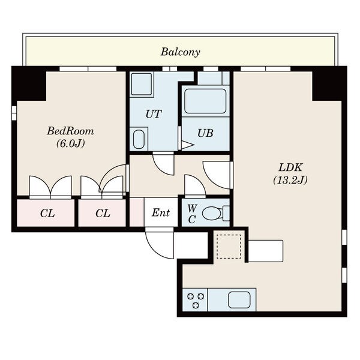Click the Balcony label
click(180, 52)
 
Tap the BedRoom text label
click(70, 131)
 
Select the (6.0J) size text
click(71, 144)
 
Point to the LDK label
click(290, 167)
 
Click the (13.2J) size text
click(290, 180)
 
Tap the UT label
click(154, 114)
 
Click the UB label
click(205, 133)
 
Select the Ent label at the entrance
click(161, 212)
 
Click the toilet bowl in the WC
click(212, 214)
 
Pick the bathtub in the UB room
click(205, 101)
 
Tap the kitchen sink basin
click(239, 300)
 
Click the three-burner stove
click(195, 300)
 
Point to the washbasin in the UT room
click(139, 139)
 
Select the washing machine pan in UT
click(142, 84)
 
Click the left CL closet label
click(47, 214)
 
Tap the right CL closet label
click(103, 214)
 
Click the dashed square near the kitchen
click(229, 247)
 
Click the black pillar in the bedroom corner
click(29, 83)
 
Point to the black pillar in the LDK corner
click(329, 83)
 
